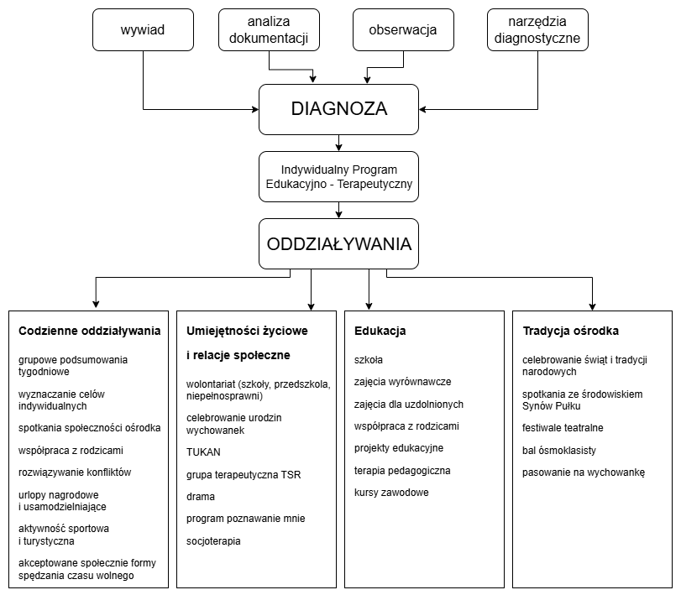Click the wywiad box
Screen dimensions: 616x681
point(143,31)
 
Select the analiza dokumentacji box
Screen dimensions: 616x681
point(269,30)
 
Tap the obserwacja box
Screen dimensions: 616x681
point(403,30)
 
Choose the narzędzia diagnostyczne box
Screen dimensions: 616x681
point(537,30)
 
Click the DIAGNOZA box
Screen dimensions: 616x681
point(338,109)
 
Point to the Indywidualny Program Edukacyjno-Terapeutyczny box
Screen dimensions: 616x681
point(338,177)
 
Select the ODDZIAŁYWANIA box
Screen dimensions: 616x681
point(338,244)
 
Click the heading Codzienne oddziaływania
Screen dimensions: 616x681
point(89,331)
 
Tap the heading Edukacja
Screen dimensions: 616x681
point(380,331)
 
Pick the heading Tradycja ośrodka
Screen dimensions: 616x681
point(570,331)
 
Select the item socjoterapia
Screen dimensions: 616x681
point(213,541)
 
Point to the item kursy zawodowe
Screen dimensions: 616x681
point(391,493)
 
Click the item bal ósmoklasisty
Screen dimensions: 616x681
point(559,451)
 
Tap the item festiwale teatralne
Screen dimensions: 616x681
point(563,428)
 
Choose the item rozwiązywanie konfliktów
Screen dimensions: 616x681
point(75,472)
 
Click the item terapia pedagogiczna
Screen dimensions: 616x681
point(402,471)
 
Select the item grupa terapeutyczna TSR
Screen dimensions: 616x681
point(244,475)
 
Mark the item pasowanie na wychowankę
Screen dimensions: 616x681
point(583,472)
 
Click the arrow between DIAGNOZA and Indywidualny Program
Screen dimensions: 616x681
point(338,143)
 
